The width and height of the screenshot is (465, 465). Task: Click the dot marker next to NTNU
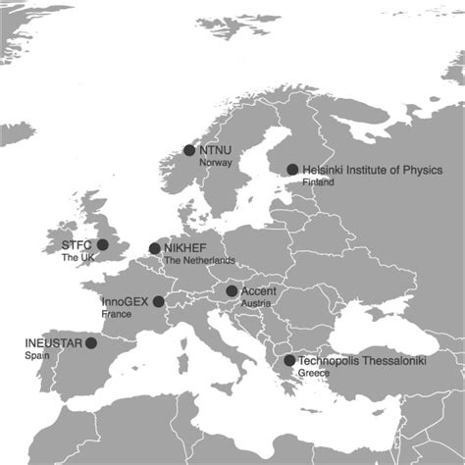point(189,150)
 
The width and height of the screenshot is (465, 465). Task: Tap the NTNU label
point(214,150)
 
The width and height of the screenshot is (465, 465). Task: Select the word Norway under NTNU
point(215,163)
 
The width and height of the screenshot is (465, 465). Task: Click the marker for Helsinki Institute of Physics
point(292,169)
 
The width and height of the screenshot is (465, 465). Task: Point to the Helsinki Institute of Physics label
point(372,170)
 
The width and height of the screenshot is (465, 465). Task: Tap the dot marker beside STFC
point(102,244)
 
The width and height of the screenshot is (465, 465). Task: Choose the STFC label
point(77,244)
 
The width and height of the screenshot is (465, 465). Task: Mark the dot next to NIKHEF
point(154,248)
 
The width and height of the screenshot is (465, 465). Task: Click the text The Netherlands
point(199,261)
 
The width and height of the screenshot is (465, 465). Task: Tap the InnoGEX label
point(126,301)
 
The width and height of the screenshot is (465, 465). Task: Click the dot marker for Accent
point(232,290)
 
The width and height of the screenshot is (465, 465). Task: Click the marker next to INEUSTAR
point(91,343)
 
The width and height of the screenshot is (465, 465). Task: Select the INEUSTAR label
point(53,343)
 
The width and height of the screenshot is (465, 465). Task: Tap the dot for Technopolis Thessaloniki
point(288,360)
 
